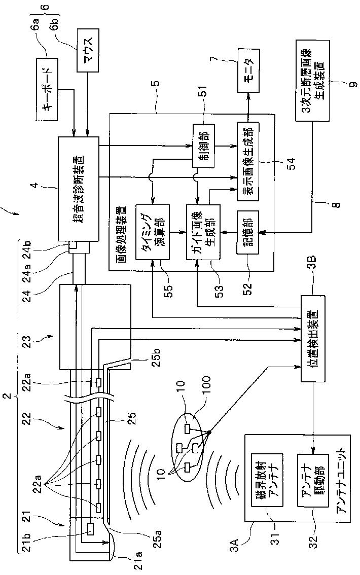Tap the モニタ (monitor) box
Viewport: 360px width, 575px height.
248,71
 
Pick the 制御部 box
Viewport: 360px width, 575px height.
203,147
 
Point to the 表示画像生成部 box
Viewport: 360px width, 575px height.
248,162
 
